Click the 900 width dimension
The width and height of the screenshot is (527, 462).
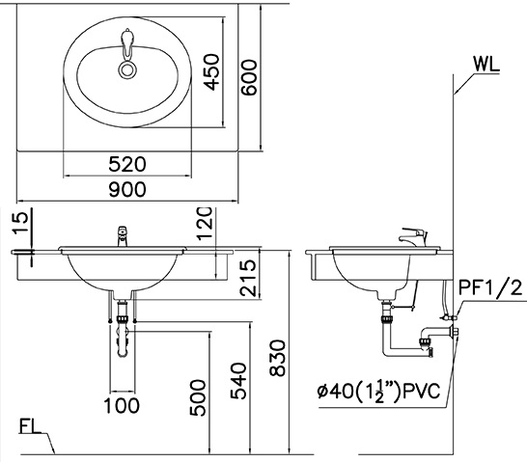tap(127, 190)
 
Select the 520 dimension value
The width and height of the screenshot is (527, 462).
tap(127, 164)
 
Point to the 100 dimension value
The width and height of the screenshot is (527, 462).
tap(122, 406)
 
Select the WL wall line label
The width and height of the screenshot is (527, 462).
tap(488, 65)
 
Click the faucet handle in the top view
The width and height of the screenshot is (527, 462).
tap(126, 43)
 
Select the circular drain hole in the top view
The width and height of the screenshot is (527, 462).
tap(126, 68)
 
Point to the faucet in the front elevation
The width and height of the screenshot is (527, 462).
tap(123, 234)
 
